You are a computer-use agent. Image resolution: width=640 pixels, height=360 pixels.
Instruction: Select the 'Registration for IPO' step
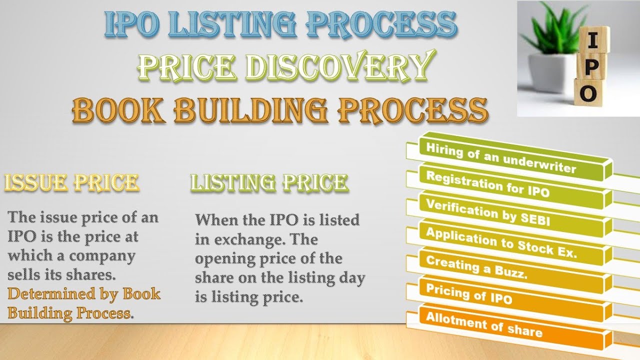[487, 183]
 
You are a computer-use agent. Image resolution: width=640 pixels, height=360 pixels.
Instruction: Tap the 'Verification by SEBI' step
[487, 211]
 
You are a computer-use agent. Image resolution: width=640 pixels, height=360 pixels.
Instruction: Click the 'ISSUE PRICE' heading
[71, 183]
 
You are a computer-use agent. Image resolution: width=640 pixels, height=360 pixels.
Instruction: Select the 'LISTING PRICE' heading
[269, 183]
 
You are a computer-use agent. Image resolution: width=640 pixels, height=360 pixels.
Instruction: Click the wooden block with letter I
[593, 40]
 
